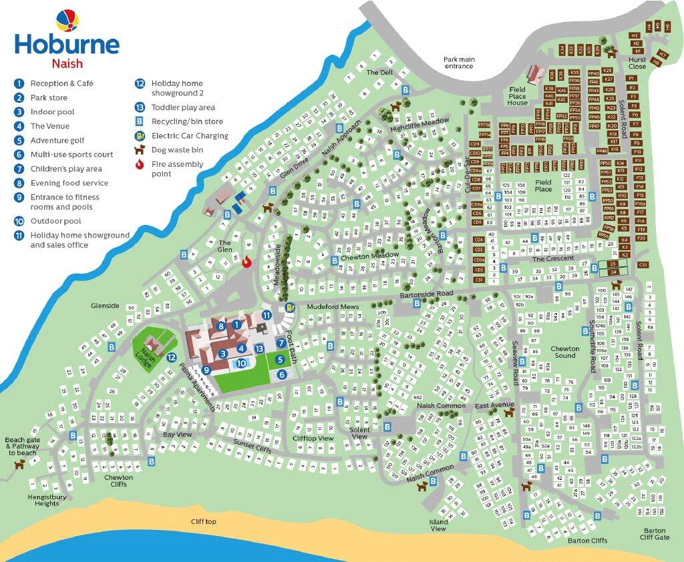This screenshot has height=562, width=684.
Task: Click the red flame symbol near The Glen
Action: pyautogui.click(x=245, y=261)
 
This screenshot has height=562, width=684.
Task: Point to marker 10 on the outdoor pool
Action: pyautogui.click(x=243, y=364)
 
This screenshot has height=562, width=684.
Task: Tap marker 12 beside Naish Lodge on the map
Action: pyautogui.click(x=172, y=357)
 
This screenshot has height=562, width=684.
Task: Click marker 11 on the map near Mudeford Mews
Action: pyautogui.click(x=267, y=315)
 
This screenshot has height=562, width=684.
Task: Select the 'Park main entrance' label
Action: pyautogui.click(x=459, y=63)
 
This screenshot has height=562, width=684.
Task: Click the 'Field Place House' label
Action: pyautogui.click(x=518, y=96)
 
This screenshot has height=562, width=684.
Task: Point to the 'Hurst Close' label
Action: pyautogui.click(x=637, y=63)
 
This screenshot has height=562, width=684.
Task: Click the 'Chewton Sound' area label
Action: pyautogui.click(x=564, y=352)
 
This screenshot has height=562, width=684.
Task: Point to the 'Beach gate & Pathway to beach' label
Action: pyautogui.click(x=21, y=446)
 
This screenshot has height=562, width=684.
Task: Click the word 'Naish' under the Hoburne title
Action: pyautogui.click(x=67, y=65)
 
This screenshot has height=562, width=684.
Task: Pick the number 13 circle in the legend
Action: pyautogui.click(x=140, y=107)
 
